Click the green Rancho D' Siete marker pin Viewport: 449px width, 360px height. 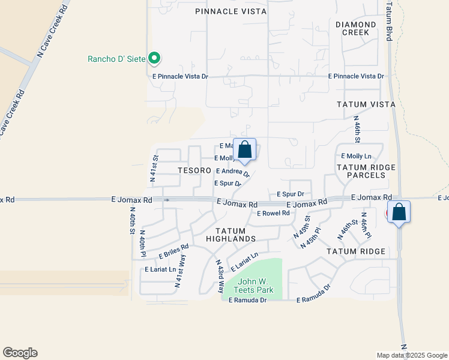pos(155,58)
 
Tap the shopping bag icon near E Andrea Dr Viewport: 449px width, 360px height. pos(244,150)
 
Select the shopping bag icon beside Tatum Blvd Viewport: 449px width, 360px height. pos(399,212)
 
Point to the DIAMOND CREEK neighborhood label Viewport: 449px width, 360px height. pos(356,28)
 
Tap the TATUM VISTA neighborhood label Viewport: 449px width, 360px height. pos(366,104)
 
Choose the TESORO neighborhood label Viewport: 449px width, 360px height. pos(193,170)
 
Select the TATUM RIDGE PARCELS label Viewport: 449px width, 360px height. pos(360,171)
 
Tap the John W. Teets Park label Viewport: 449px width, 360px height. pos(256,286)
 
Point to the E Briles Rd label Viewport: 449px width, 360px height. pos(174,251)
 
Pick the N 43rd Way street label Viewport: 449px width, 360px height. pos(220,275)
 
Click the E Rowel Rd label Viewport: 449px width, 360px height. pos(273,214)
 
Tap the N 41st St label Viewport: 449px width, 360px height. pos(154,169)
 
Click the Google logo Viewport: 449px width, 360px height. pos(20,353)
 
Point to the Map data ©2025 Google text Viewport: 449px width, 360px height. pos(411,355)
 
